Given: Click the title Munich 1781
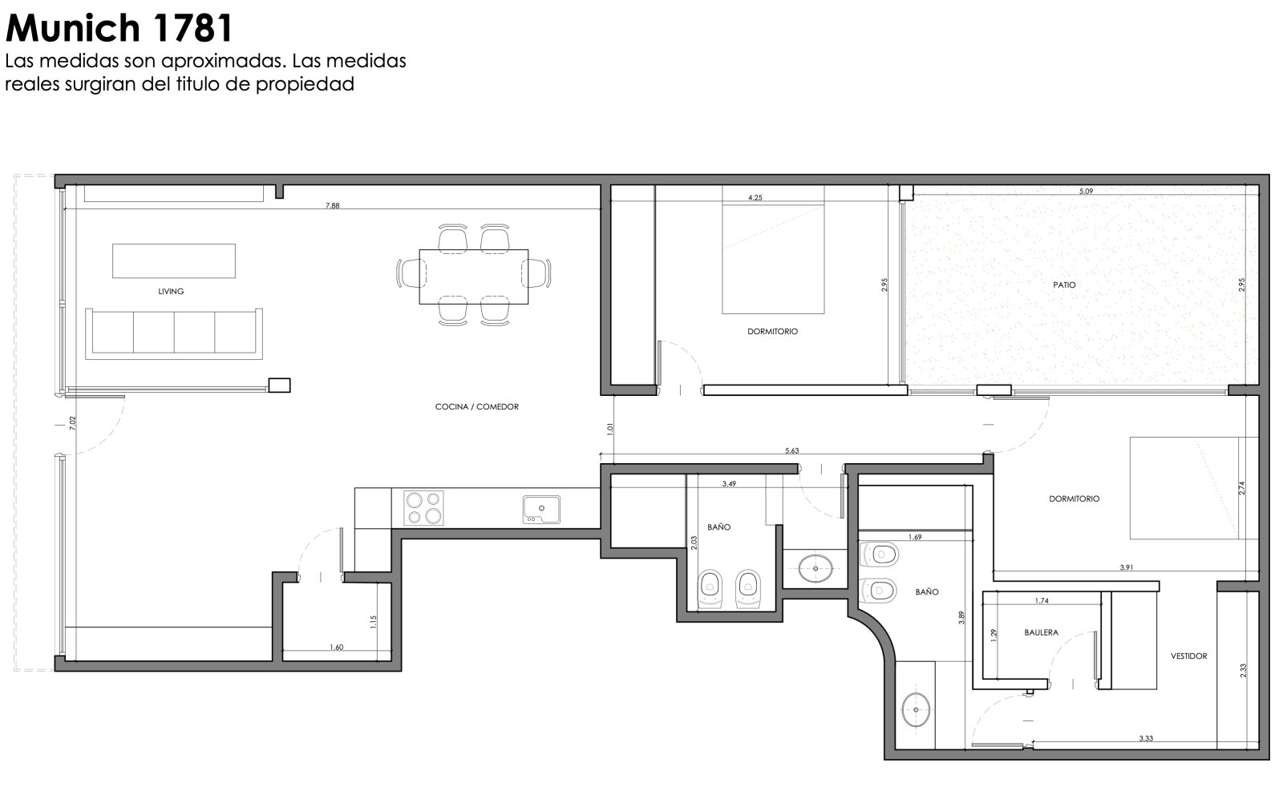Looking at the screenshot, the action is click(x=119, y=28).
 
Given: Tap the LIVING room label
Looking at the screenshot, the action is click(x=171, y=292).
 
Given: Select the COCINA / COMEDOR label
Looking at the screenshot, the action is click(x=476, y=407).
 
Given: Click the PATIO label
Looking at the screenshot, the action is click(x=1064, y=285).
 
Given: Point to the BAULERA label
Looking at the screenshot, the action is click(x=1042, y=632).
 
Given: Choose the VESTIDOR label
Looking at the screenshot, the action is click(x=1188, y=656).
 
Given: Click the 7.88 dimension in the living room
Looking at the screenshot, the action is click(x=332, y=205).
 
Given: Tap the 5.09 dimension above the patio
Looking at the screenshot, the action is click(x=1086, y=192).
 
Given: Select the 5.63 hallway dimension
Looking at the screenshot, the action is click(x=791, y=451).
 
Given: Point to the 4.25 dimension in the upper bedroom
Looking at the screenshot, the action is click(x=755, y=198).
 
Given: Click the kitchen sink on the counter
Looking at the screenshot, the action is click(x=541, y=510).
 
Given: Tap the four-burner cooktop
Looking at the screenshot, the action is click(x=423, y=507).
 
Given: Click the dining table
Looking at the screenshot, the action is click(x=474, y=276).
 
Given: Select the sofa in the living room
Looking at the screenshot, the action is click(x=174, y=333).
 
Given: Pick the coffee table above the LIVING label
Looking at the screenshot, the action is click(x=173, y=261).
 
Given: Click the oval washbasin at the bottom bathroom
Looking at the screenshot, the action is click(x=915, y=709).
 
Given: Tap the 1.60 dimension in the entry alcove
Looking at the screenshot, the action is click(x=336, y=648).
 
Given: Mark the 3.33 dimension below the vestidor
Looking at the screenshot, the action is click(x=1146, y=738).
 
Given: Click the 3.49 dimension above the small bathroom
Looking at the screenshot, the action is click(x=729, y=483).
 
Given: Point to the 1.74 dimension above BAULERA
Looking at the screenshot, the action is click(x=1042, y=600).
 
